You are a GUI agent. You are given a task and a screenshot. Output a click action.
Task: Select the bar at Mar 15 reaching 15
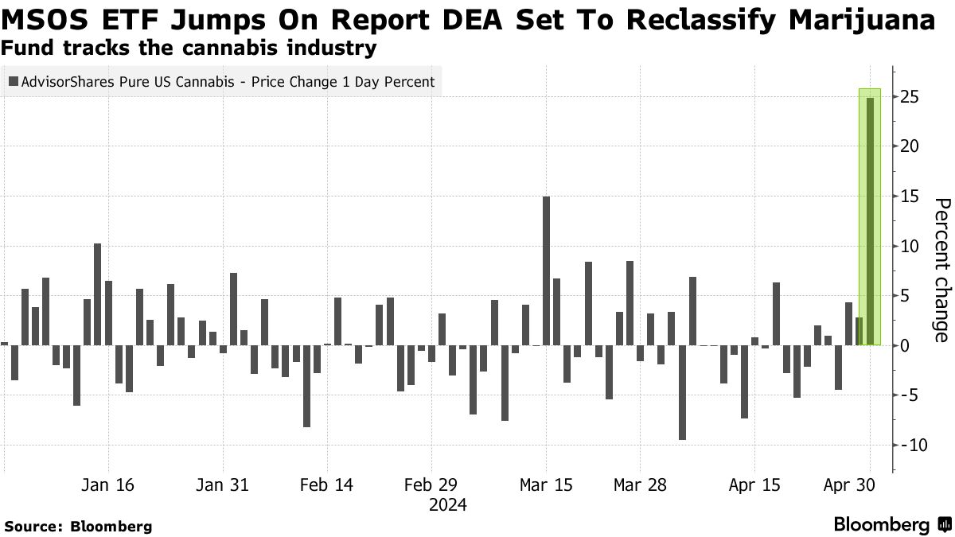pyautogui.click(x=547, y=270)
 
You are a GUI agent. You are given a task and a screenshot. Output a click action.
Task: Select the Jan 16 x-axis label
pyautogui.click(x=108, y=484)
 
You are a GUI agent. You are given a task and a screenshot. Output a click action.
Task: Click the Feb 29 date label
pyautogui.click(x=430, y=484)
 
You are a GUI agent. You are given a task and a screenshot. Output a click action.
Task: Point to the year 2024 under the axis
pyautogui.click(x=447, y=504)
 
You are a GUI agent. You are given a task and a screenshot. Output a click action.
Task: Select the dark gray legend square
pyautogui.click(x=14, y=81)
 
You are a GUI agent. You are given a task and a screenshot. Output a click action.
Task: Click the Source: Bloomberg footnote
pyautogui.click(x=78, y=526)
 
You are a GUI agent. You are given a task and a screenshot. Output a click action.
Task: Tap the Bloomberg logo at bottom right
pyautogui.click(x=891, y=524)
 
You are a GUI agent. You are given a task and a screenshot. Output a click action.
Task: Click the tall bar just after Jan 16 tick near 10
pyautogui.click(x=98, y=294)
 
